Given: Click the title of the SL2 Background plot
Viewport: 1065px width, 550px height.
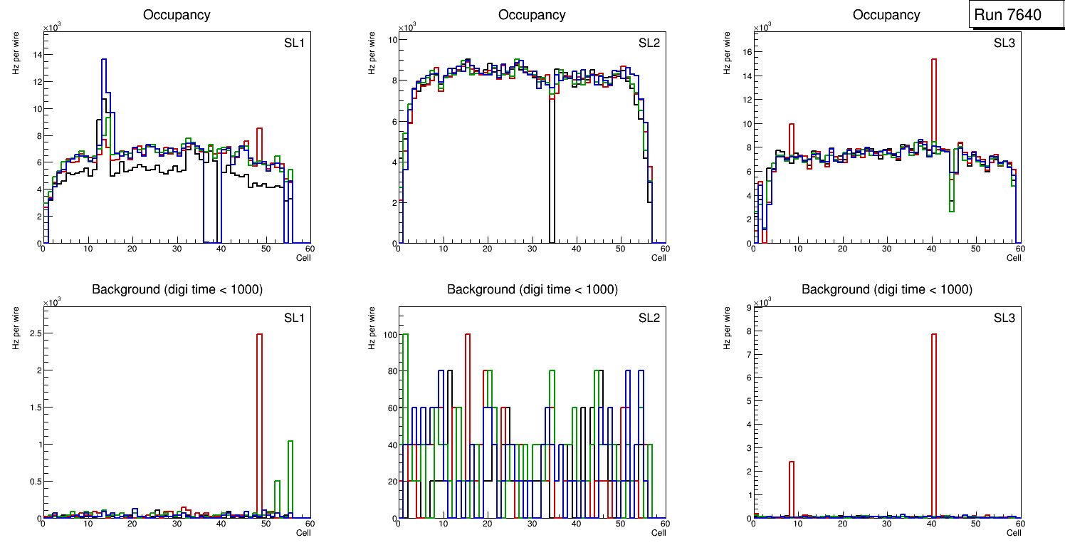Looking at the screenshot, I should point(532,289).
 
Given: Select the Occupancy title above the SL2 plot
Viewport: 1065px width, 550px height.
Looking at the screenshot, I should point(532,15).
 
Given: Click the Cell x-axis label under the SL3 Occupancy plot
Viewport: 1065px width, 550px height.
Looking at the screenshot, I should point(1013,258).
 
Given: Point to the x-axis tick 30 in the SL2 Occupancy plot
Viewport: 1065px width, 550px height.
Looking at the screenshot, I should point(532,249).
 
